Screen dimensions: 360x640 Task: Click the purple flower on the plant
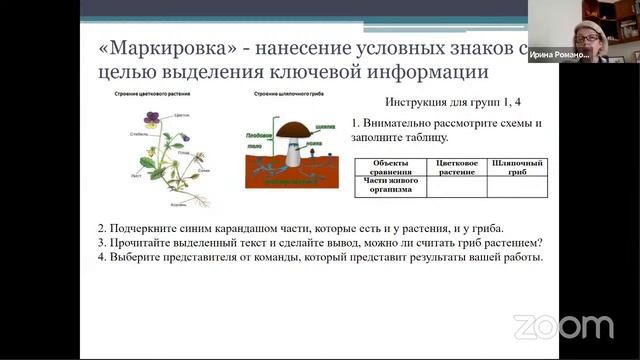(151, 118)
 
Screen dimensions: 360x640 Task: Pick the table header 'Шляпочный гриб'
(518, 167)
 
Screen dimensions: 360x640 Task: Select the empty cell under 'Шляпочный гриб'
(518, 186)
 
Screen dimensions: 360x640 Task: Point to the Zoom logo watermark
(563, 327)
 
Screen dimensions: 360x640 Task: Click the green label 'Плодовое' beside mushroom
(258, 133)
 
